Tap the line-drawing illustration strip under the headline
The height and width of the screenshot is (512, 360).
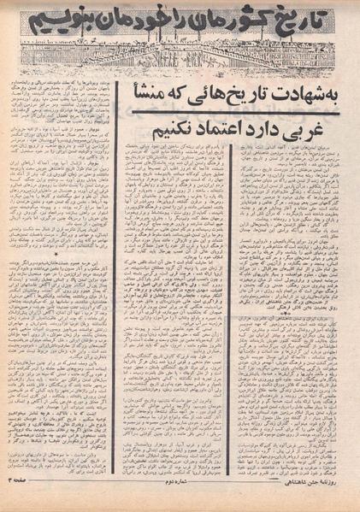coord(180,56)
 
